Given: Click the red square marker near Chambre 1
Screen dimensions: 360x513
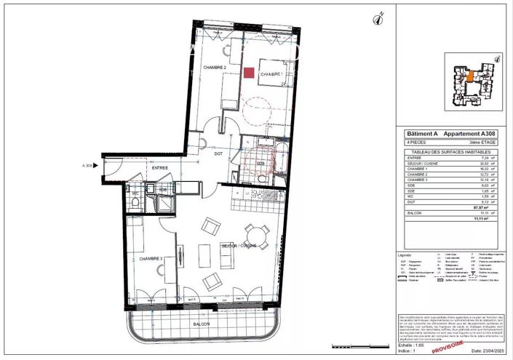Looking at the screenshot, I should point(249,73).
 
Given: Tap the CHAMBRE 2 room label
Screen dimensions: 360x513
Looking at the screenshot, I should point(215,67).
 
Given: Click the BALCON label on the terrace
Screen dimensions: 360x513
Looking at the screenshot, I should point(202,324).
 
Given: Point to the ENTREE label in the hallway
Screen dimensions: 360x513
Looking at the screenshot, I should point(159,168).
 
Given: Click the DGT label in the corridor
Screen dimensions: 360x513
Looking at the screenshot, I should point(217,153).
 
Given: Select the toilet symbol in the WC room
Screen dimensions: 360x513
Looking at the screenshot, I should point(135,201).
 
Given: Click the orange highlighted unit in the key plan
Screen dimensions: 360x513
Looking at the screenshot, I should point(470,76).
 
